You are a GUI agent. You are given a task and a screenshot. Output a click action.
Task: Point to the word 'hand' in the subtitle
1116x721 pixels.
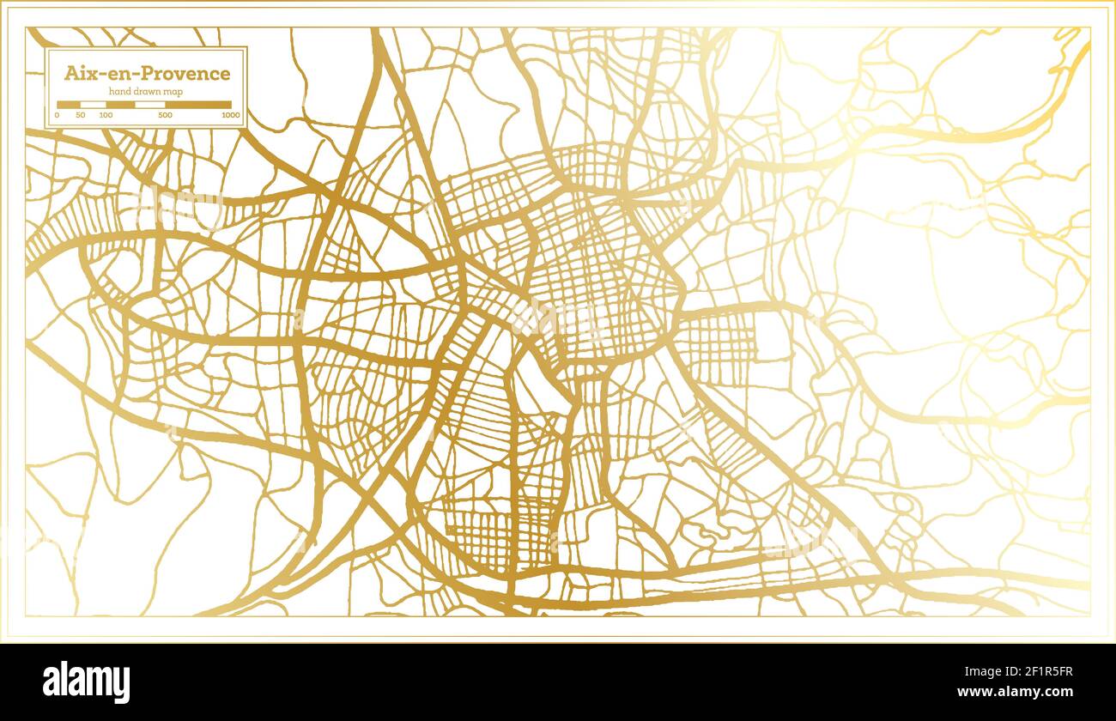(119, 92)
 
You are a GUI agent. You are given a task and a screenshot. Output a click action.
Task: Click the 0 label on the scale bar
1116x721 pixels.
(58, 115)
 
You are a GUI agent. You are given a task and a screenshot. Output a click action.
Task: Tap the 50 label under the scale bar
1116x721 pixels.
(80, 115)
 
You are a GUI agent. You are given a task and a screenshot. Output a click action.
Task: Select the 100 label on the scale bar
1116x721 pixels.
(106, 115)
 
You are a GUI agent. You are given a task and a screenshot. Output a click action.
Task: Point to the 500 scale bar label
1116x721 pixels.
(165, 115)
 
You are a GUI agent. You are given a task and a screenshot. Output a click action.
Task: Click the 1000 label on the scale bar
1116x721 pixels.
(231, 115)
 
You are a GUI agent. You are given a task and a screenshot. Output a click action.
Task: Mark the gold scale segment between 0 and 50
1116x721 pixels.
(69, 105)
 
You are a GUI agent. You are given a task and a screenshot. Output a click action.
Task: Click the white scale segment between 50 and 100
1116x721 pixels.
(93, 105)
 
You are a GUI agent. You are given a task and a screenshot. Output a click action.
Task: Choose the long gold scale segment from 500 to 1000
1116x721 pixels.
(198, 105)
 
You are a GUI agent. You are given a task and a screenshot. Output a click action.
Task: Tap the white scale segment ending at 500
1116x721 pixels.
(149, 105)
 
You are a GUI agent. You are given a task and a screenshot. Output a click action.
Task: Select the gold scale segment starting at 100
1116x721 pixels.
(119, 105)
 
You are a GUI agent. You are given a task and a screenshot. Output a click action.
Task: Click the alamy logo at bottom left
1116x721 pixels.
(87, 682)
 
